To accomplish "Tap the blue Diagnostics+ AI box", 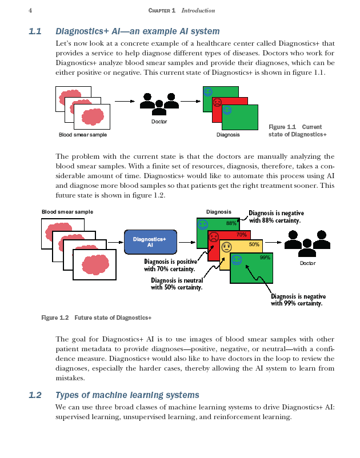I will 150,242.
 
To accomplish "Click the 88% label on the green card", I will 231,223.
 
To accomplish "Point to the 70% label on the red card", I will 242,234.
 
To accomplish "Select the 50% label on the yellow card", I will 254,245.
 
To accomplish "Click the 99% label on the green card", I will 265,258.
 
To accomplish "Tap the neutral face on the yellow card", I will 226,247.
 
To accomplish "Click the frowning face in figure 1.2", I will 214,236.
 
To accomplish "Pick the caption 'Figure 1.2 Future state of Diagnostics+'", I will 97,318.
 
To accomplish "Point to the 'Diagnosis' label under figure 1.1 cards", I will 228,135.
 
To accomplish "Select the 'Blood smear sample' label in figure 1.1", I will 83,135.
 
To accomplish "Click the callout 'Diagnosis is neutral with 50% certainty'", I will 177,283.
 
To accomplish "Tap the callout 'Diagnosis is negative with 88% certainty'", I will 274,216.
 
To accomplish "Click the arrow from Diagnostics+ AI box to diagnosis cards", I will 186,242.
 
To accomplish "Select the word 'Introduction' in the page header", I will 198,10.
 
